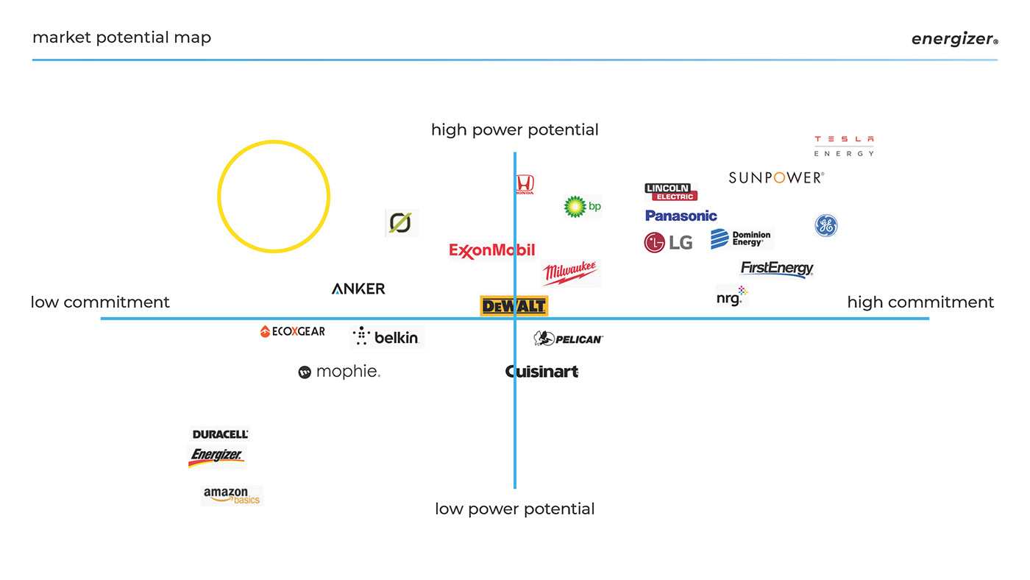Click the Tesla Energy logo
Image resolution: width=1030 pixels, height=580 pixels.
click(844, 146)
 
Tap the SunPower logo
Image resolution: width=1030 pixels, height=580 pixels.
click(776, 177)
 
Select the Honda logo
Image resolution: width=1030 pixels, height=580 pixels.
click(525, 184)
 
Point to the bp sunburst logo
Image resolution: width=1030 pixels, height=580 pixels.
click(582, 207)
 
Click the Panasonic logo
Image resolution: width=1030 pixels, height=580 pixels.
click(681, 216)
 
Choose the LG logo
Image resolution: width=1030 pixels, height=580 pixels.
click(668, 242)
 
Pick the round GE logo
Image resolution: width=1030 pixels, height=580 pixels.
click(825, 225)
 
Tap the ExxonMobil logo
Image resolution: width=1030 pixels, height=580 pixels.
click(491, 251)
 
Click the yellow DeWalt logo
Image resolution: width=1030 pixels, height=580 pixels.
click(514, 306)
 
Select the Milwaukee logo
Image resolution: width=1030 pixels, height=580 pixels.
click(570, 273)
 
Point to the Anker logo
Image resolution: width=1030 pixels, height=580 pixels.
click(358, 289)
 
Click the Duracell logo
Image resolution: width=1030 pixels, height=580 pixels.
click(220, 434)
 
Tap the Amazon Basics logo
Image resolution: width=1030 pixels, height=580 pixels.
click(232, 495)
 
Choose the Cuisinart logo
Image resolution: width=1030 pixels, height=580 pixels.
click(542, 372)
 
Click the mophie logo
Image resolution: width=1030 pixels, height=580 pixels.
click(339, 372)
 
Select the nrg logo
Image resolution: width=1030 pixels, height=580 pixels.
click(731, 297)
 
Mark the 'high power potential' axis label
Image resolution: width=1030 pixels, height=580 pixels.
click(514, 130)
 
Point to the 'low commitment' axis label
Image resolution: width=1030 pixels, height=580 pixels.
click(100, 303)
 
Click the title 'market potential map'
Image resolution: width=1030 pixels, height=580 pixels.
click(121, 37)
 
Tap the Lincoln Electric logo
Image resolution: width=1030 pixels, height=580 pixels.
click(670, 192)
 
